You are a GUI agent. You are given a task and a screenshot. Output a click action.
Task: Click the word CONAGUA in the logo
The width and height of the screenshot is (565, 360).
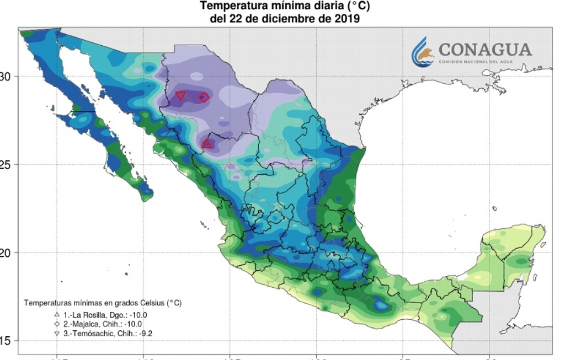point(486,50)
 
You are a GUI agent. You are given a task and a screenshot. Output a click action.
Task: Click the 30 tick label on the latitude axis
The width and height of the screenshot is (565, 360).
point(7,76)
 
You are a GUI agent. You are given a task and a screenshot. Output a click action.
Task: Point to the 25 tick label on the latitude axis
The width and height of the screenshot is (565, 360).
point(7,164)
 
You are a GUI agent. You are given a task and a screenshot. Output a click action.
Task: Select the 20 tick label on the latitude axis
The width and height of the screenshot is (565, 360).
point(7,252)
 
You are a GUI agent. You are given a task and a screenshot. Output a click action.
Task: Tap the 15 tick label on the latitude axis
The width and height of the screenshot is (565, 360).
point(7,341)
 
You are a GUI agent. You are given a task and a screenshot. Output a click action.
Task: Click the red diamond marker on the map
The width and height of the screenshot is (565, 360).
point(204,98)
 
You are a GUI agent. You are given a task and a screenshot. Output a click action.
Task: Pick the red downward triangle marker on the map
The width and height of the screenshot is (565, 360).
point(180,96)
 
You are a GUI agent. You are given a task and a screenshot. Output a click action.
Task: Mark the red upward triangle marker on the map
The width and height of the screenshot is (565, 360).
point(206,144)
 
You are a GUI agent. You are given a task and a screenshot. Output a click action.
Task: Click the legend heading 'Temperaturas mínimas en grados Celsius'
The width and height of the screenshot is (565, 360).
point(102,303)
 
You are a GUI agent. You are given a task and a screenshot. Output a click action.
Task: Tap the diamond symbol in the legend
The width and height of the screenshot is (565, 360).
point(57,324)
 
